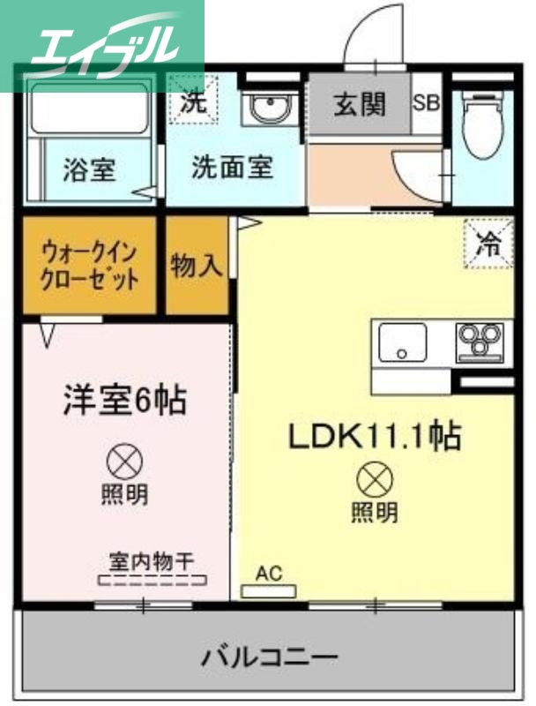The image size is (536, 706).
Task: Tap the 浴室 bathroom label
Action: pyautogui.click(x=89, y=169)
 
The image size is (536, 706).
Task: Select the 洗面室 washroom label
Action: pyautogui.click(x=233, y=168)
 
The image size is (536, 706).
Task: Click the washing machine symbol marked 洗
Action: pyautogui.click(x=191, y=101)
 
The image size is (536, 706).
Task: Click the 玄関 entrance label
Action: pyautogui.click(x=359, y=104)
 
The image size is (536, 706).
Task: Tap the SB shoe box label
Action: pyautogui.click(x=427, y=102)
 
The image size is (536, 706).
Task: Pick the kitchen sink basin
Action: pyautogui.click(x=402, y=342)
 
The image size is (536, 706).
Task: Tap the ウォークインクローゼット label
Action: pyautogui.click(x=90, y=267)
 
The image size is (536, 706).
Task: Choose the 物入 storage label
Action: pyautogui.click(x=197, y=267)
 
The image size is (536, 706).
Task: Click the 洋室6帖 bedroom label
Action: pyautogui.click(x=123, y=402)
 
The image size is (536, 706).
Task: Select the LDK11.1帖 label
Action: pyautogui.click(x=372, y=434)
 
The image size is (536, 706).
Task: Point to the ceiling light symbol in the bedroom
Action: pyautogui.click(x=123, y=462)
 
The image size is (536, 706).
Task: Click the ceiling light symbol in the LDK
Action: pyautogui.click(x=374, y=479)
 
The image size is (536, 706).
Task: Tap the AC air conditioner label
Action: pyautogui.click(x=269, y=573)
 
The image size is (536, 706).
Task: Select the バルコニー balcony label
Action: pyautogui.click(x=269, y=657)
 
